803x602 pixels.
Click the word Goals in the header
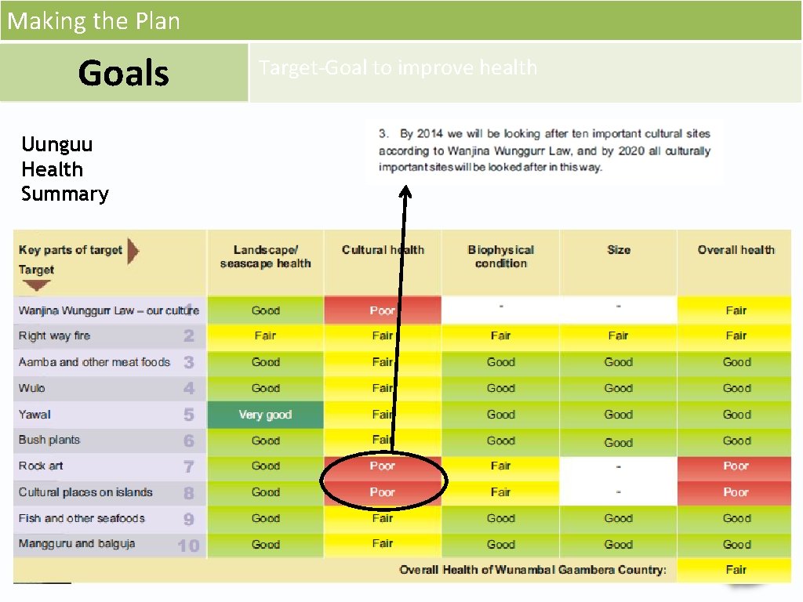pos(123,73)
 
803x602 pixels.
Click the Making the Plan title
pos(93,20)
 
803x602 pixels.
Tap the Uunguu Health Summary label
pos(64,169)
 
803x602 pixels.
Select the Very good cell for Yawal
pos(265,415)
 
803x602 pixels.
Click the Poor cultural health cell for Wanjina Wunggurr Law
pos(383,310)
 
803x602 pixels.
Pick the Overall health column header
pos(736,250)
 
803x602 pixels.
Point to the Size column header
pos(618,250)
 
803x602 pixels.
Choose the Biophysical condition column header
pos(500,256)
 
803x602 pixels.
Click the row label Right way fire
pos(55,335)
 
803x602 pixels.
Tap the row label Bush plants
pos(49,440)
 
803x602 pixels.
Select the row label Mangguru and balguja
pos(77,543)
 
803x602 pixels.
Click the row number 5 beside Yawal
pos(189,415)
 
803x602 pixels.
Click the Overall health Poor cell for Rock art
pos(736,466)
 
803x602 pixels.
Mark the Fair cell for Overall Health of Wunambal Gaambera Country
pos(736,570)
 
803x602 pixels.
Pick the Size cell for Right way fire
pos(618,335)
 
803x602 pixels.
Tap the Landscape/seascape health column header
pos(265,256)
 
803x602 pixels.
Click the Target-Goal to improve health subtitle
pos(398,67)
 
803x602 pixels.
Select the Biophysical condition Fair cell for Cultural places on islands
pos(500,492)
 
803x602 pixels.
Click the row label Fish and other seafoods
pos(82,518)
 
